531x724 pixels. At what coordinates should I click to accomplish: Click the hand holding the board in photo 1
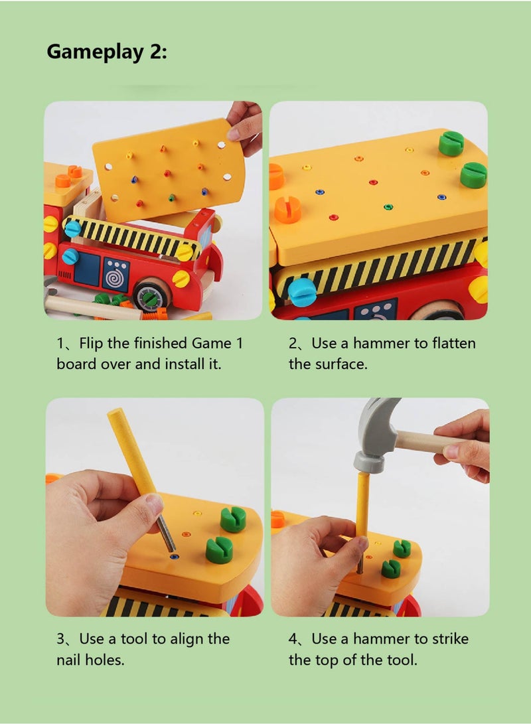[x=246, y=127]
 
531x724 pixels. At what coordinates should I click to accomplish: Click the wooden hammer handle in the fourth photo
[x=425, y=441]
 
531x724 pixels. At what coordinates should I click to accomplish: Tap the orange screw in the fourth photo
[x=277, y=519]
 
